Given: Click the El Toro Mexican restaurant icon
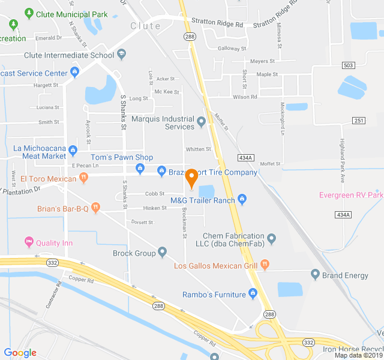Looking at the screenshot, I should (83, 178).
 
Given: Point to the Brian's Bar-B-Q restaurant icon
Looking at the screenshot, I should (95, 208).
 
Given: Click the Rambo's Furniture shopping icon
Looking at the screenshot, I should (253, 294).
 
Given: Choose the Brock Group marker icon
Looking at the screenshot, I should (162, 253).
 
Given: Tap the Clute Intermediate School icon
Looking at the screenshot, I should (121, 55).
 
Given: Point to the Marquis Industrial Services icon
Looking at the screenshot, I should (201, 122).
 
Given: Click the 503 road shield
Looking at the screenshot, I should (348, 65).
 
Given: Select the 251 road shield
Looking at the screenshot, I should (359, 121).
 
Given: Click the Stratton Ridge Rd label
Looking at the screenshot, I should (217, 25).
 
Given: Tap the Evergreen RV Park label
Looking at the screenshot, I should (351, 195).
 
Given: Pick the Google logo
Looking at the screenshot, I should (20, 353).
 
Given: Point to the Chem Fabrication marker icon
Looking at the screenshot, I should (271, 239).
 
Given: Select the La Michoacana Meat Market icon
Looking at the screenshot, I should (73, 150).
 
